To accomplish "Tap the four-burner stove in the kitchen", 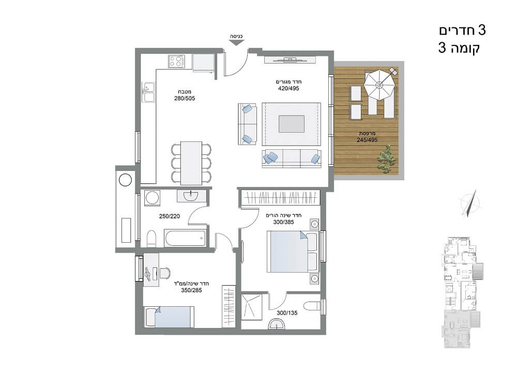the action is pyautogui.click(x=176, y=61).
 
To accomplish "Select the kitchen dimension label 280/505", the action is pyautogui.click(x=185, y=98).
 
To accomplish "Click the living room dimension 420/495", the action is pyautogui.click(x=288, y=88).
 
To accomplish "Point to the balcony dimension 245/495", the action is pyautogui.click(x=367, y=140).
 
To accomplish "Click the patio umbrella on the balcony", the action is pyautogui.click(x=379, y=84).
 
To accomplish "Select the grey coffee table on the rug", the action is pyautogui.click(x=292, y=124).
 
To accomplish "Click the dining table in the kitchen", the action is pyautogui.click(x=191, y=163).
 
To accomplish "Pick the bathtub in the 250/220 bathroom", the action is pyautogui.click(x=185, y=238).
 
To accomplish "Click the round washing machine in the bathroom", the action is pyautogui.click(x=153, y=198).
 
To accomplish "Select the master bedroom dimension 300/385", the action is pyautogui.click(x=283, y=222).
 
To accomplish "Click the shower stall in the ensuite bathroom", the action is pyautogui.click(x=252, y=307).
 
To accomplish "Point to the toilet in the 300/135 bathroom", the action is pyautogui.click(x=312, y=306).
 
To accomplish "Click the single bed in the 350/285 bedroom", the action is pyautogui.click(x=169, y=317).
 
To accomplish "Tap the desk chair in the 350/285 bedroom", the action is pyautogui.click(x=165, y=273).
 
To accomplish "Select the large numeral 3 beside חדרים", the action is pyautogui.click(x=482, y=30).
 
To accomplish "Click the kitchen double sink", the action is pyautogui.click(x=148, y=92).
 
